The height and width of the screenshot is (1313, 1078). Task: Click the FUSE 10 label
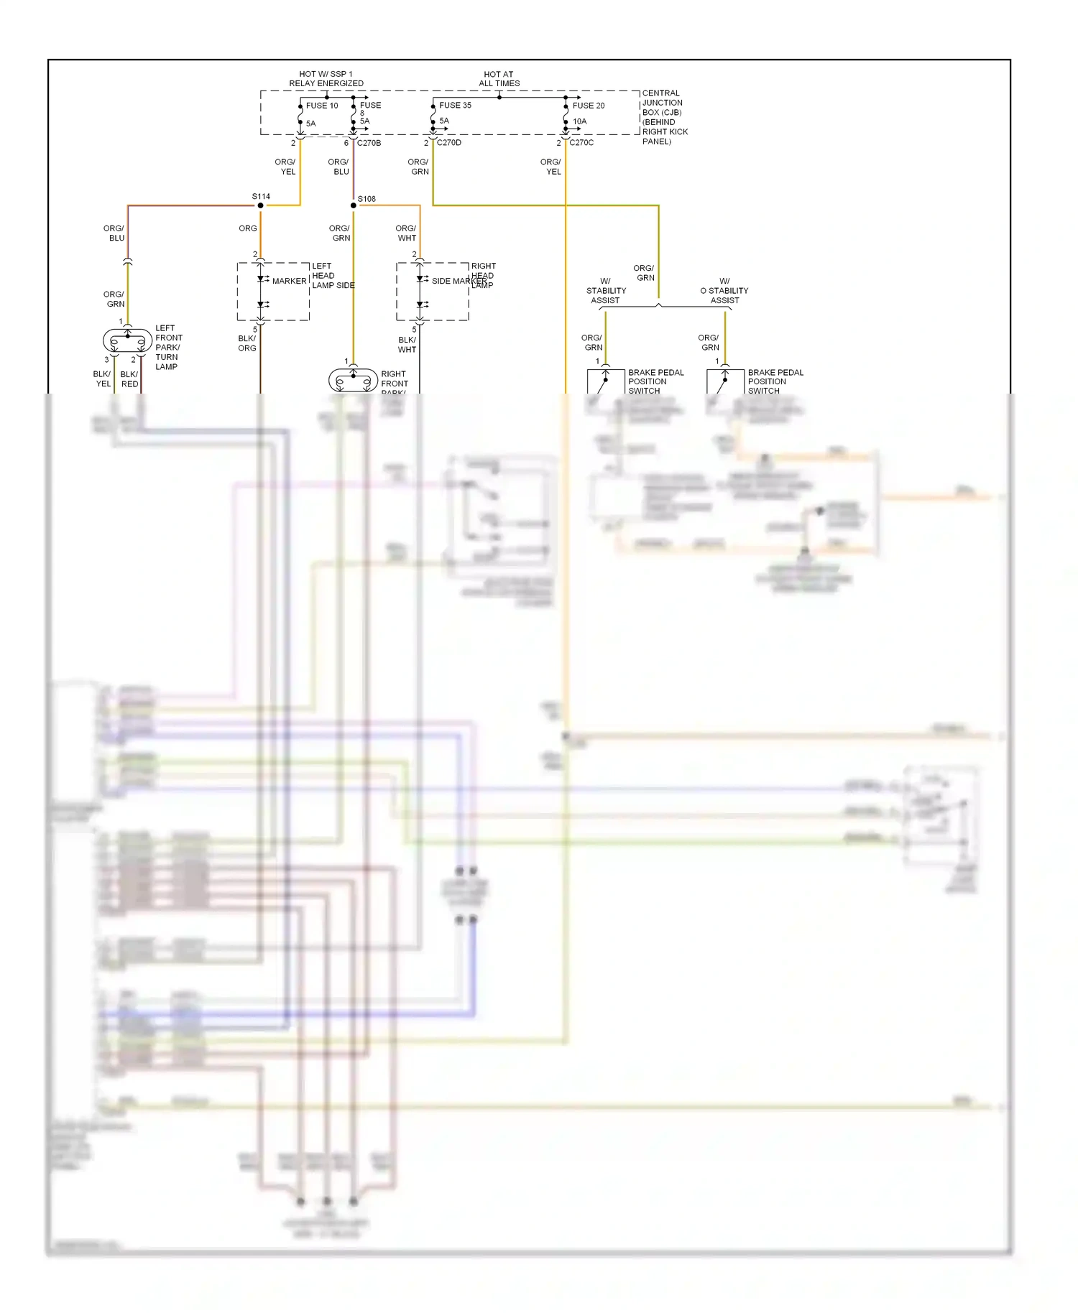coord(321,106)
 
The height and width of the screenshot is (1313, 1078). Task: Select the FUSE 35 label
coord(455,106)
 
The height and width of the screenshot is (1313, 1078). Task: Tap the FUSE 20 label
coord(588,106)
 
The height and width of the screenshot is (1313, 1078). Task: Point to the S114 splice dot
coord(261,205)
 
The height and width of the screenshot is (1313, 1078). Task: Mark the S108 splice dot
coord(354,205)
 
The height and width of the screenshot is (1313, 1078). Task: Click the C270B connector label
coord(369,143)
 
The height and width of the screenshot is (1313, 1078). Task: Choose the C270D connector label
coord(449,143)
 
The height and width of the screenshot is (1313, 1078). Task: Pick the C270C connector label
coord(581,143)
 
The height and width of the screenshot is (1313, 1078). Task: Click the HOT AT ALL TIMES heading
coord(499,79)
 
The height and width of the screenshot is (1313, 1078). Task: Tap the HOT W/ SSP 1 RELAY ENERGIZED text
coord(326,79)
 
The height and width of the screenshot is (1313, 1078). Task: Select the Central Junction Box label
coord(664,117)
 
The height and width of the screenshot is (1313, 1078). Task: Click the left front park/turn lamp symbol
coord(128,340)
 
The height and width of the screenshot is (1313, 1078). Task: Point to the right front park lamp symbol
coord(353,380)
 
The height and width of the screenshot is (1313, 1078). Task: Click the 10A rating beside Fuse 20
coord(579,122)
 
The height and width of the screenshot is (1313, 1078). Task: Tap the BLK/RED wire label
coord(129,379)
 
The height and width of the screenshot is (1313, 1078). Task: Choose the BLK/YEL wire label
coord(103,379)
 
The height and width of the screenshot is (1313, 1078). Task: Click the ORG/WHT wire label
coord(406,233)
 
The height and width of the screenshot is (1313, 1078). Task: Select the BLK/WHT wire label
coord(407,345)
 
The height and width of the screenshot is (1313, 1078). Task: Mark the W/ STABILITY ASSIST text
coord(606,291)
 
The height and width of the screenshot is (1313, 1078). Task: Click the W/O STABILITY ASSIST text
coord(724,291)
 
